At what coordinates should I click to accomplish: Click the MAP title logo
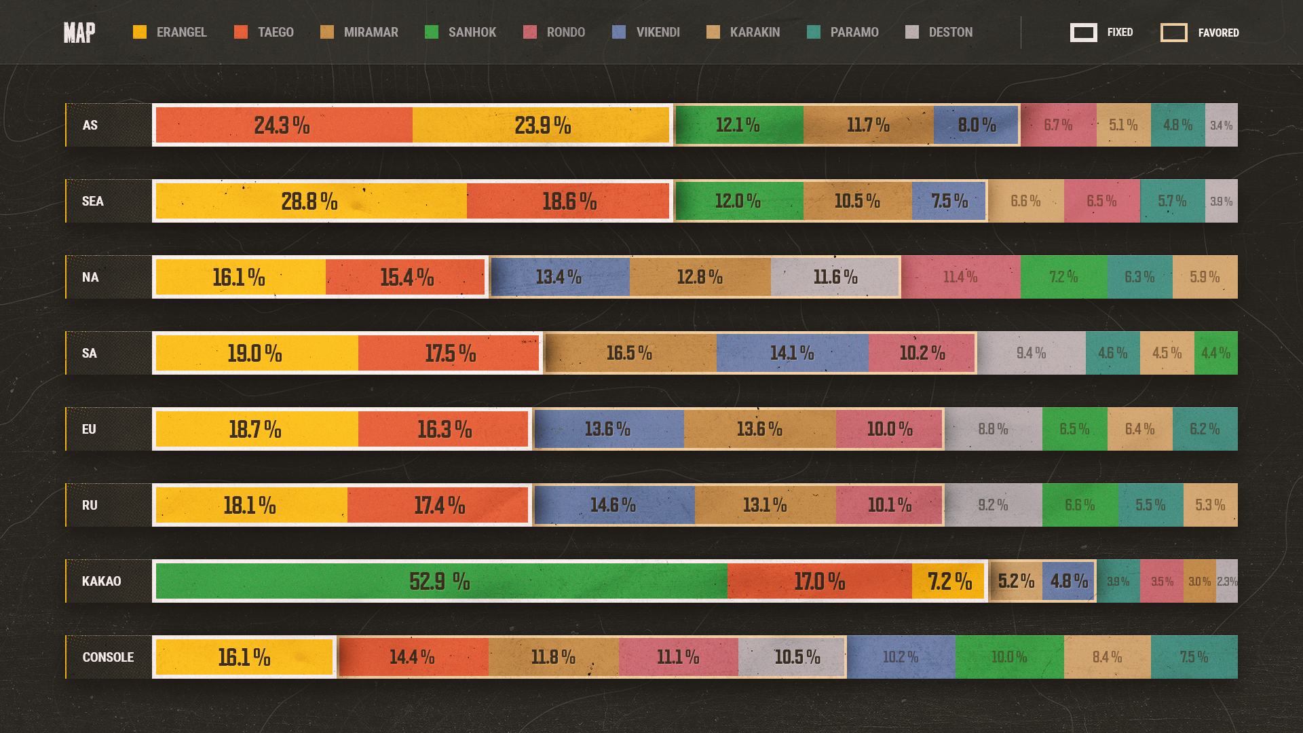79,33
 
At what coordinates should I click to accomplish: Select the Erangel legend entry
170,33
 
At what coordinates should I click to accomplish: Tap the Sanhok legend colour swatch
432,33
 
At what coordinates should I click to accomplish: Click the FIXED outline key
1084,33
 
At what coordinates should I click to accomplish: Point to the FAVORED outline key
1174,33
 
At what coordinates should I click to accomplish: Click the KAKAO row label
102,581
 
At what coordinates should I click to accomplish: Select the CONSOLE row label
108,657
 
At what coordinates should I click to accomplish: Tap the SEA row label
93,201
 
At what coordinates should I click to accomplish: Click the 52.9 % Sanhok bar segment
441,581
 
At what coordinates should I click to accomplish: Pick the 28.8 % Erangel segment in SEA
311,201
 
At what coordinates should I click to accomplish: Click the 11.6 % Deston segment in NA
835,277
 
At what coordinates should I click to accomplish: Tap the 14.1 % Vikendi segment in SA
792,353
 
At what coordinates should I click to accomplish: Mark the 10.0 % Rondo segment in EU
890,429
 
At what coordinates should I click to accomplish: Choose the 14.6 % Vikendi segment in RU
613,505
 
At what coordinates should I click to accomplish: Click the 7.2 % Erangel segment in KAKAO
949,581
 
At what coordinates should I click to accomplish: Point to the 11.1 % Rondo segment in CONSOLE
678,657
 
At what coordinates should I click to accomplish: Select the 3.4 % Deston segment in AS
1222,125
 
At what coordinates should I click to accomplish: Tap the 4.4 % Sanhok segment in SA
1216,353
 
